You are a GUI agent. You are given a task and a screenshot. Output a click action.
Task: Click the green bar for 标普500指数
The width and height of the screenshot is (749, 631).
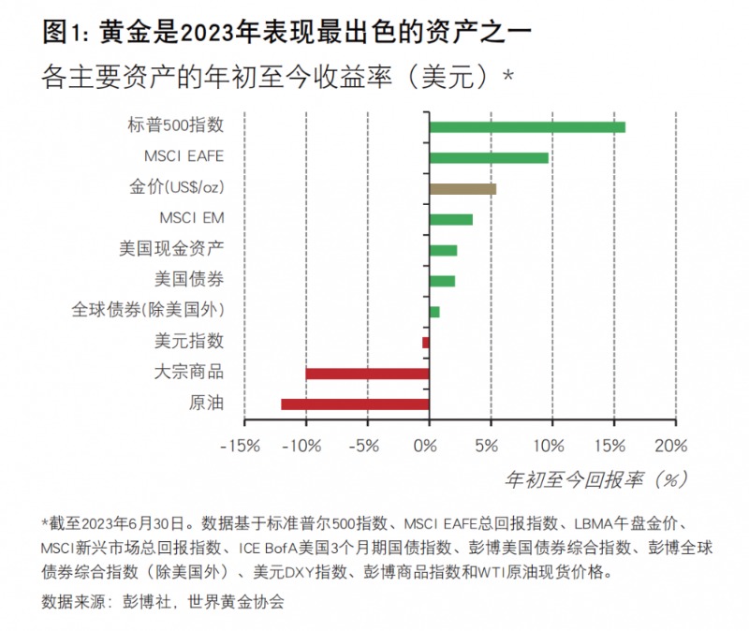pyautogui.click(x=527, y=127)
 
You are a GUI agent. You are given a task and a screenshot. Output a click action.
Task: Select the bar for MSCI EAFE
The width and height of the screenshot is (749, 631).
pyautogui.click(x=489, y=157)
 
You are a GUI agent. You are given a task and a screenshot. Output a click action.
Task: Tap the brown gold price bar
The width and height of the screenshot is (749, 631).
pyautogui.click(x=463, y=188)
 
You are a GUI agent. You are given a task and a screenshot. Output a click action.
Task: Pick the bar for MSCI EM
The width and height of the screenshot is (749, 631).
pyautogui.click(x=450, y=219)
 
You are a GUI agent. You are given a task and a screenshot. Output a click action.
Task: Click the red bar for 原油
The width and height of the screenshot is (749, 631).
pyautogui.click(x=355, y=404)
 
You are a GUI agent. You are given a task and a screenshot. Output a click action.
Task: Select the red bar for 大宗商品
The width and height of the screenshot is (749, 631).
pyautogui.click(x=367, y=374)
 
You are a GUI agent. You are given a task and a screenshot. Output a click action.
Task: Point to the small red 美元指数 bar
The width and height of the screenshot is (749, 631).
pyautogui.click(x=426, y=343)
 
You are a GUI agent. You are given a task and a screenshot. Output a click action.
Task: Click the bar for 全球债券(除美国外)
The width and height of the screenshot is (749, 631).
pyautogui.click(x=434, y=312)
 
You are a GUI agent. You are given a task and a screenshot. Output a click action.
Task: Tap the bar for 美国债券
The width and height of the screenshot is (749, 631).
pyautogui.click(x=442, y=281)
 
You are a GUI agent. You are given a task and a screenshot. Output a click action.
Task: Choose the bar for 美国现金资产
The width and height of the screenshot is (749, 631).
pyautogui.click(x=443, y=250)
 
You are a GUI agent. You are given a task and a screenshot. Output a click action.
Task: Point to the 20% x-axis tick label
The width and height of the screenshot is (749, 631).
pyautogui.click(x=670, y=445)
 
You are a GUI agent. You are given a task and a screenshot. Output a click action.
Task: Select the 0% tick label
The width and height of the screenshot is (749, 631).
pyautogui.click(x=428, y=445)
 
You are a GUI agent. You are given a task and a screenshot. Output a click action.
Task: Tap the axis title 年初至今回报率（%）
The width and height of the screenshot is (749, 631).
pyautogui.click(x=595, y=479)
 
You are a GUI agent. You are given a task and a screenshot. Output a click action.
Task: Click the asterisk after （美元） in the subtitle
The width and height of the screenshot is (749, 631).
pyautogui.click(x=509, y=73)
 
